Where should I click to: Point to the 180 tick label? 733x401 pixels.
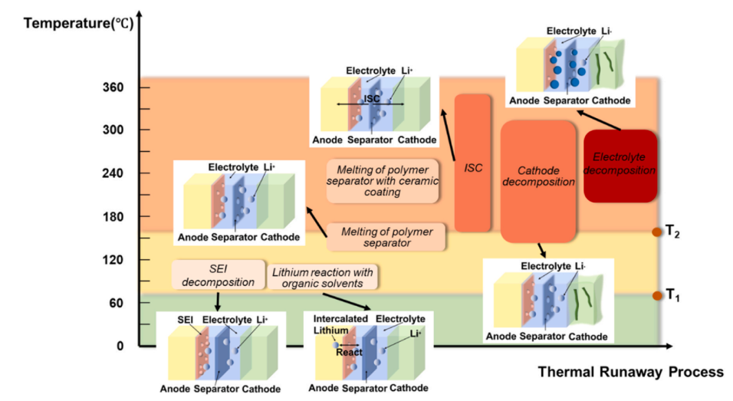pos(113,217)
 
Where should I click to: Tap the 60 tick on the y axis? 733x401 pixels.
pos(116,303)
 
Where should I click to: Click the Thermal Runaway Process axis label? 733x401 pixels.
pos(630,372)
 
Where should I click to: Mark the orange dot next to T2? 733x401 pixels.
pos(656,232)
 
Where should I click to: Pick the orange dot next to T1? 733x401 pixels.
pos(656,295)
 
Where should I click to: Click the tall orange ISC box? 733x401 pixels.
pos(473,163)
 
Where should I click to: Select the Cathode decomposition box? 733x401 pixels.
pos(538,181)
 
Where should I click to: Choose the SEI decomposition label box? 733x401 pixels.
pos(212,275)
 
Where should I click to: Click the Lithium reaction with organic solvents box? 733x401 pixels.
pos(326,278)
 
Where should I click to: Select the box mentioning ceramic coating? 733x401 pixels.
pos(382,180)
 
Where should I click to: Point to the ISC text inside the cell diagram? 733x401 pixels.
pos(373,98)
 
